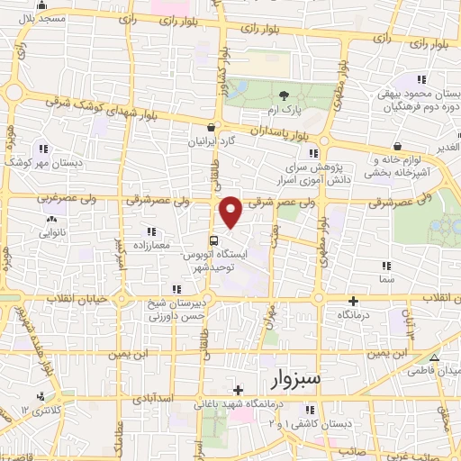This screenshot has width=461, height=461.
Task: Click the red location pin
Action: (x=230, y=211)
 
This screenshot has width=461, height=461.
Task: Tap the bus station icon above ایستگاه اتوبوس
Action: (x=213, y=240)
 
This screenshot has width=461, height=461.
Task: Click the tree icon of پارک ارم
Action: (x=285, y=96)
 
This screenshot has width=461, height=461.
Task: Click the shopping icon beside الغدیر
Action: (x=397, y=146)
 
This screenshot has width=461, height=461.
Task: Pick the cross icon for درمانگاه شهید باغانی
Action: (x=237, y=390)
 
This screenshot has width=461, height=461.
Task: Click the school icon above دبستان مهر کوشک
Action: (x=41, y=149)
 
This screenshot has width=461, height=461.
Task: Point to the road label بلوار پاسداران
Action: (x=269, y=131)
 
